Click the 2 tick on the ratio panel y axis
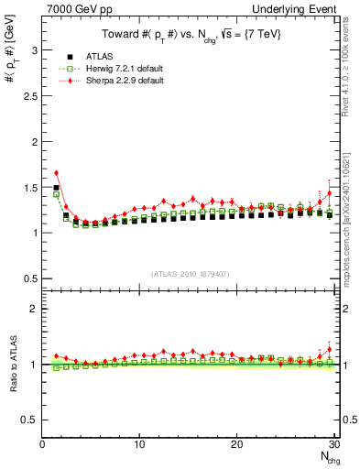point(34,309)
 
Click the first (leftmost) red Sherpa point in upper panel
point(56,172)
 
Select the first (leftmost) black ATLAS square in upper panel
point(56,187)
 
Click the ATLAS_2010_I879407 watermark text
point(189,272)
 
